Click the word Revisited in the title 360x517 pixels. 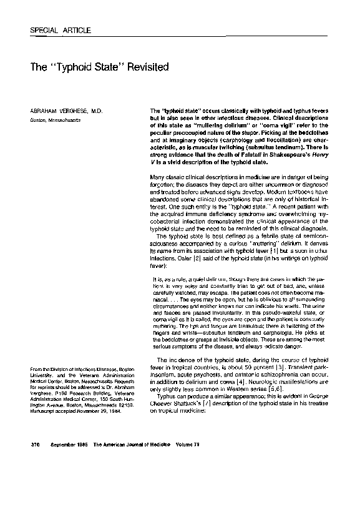pos(145,65)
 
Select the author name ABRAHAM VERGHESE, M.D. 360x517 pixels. pos(62,111)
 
